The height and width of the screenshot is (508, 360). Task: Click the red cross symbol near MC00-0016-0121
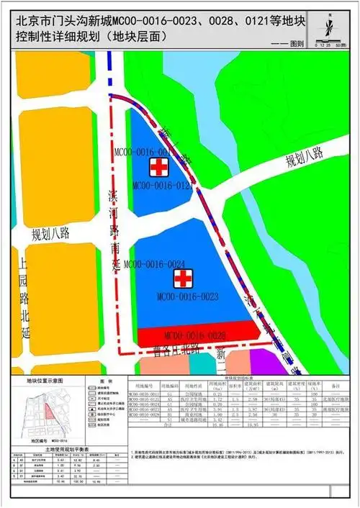point(156,168)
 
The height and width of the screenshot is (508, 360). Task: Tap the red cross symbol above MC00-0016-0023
point(184,278)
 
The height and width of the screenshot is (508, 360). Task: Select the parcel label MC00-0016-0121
point(163,185)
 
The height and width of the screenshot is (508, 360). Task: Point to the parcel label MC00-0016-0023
point(188,296)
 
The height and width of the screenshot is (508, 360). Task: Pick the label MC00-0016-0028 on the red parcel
point(195,335)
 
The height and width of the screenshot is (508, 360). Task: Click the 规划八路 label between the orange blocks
point(50,233)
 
